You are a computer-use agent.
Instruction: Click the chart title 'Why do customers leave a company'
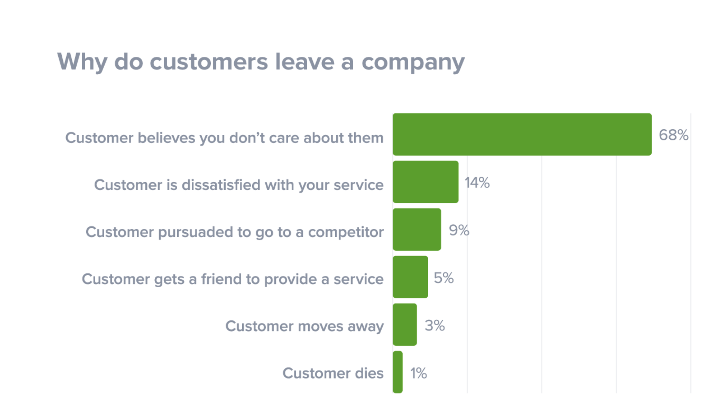pos(260,62)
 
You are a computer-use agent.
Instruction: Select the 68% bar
pos(522,134)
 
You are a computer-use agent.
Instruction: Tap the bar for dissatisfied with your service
pos(425,182)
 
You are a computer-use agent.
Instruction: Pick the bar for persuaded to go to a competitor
pos(417,229)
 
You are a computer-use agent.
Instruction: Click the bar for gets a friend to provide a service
pos(410,277)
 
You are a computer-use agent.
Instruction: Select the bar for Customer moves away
pos(404,325)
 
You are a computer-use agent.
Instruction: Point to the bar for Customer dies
pos(398,372)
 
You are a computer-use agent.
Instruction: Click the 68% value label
pos(673,135)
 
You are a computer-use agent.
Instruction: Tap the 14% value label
pos(477,183)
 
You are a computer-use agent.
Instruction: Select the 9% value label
pos(459,230)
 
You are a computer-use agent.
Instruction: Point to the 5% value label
pos(444,278)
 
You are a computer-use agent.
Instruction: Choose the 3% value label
pos(435,325)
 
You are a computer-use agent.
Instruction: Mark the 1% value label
pos(419,373)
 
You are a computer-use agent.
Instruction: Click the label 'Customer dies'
pos(333,373)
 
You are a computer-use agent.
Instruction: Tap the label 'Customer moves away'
pos(304,326)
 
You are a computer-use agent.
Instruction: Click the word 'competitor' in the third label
pos(346,232)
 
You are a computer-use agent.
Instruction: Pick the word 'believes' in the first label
pos(166,138)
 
